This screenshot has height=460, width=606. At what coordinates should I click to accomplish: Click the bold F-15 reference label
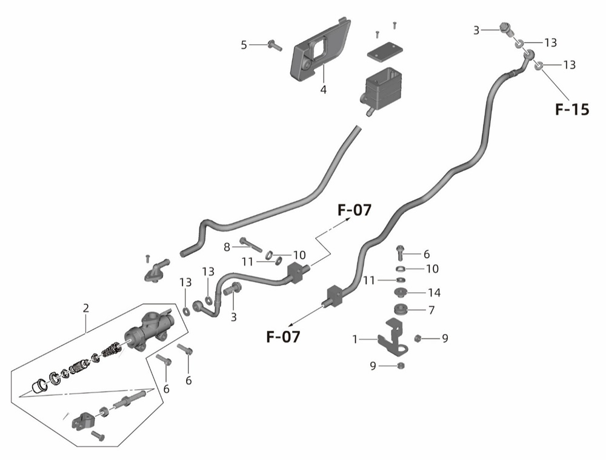(x=572, y=110)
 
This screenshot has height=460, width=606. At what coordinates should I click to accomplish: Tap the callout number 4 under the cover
(x=323, y=90)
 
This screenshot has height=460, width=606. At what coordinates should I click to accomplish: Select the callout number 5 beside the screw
(x=244, y=45)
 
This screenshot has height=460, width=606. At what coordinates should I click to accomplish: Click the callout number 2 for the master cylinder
(x=86, y=308)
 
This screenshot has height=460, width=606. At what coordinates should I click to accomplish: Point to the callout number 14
(x=434, y=293)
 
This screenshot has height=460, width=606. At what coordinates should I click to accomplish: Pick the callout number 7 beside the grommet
(x=431, y=310)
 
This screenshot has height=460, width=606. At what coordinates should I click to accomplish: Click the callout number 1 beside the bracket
(x=355, y=339)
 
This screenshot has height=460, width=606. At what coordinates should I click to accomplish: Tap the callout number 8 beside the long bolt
(x=227, y=247)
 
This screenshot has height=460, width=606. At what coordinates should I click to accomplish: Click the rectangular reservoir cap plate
(x=385, y=52)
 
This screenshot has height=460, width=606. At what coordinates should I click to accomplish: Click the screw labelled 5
(x=275, y=45)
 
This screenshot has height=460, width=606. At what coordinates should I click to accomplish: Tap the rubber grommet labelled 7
(x=401, y=309)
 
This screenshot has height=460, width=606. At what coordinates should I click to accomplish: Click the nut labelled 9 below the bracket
(x=401, y=365)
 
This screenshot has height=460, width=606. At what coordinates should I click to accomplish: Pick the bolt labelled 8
(x=251, y=244)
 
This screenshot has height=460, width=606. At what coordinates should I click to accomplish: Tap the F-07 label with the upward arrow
(x=355, y=210)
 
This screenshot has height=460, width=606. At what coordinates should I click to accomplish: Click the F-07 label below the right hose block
(x=283, y=337)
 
